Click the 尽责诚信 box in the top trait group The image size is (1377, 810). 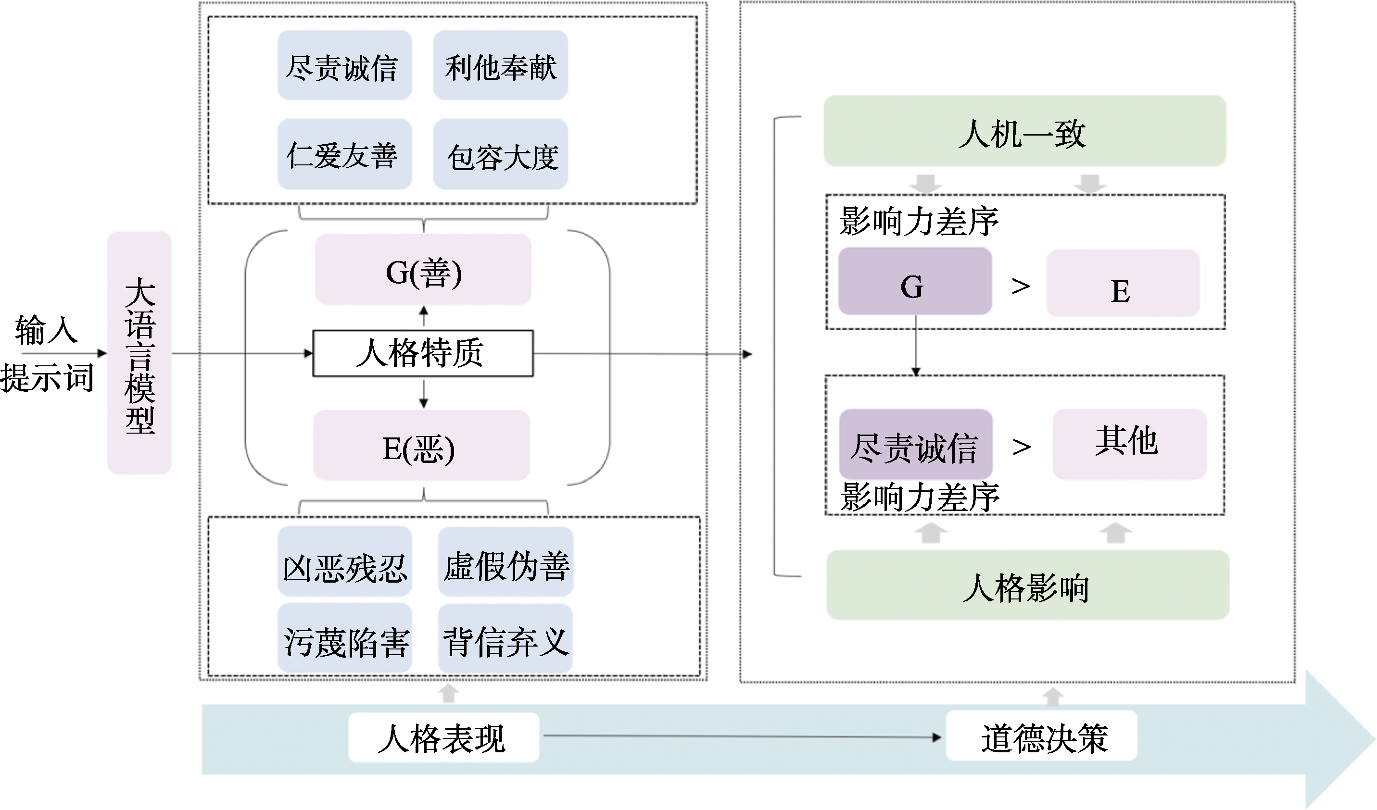coord(344,65)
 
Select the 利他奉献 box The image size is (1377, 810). coord(501,65)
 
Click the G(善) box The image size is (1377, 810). coord(423,269)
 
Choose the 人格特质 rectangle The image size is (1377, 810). coord(423,353)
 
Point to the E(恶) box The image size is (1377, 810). coord(421,445)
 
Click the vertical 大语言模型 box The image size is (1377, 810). coord(139,353)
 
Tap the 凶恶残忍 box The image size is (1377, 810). coord(344,561)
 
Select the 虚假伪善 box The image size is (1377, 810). coord(505,561)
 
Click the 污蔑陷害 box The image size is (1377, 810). coord(344,638)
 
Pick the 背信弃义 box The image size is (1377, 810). coord(505,638)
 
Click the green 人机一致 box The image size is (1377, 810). coord(1024,131)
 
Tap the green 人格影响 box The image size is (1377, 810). coord(1027,585)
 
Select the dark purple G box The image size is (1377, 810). coord(915,281)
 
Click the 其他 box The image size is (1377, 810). coord(1129,444)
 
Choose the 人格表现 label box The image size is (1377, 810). coord(443,737)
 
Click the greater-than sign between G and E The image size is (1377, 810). coord(1020,286)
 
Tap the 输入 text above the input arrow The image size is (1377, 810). coord(47,330)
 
